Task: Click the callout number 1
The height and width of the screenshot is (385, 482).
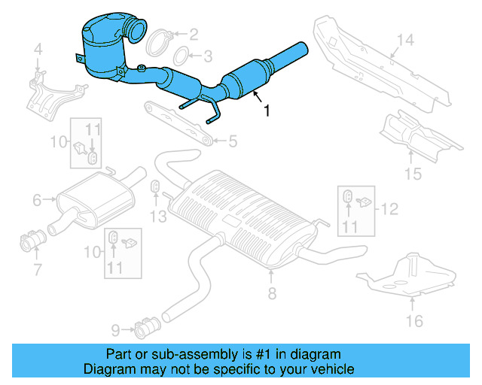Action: pyautogui.click(x=266, y=111)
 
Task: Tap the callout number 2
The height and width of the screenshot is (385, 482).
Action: pyautogui.click(x=194, y=33)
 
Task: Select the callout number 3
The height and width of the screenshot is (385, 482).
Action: pyautogui.click(x=208, y=55)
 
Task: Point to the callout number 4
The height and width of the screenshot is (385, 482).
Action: pyautogui.click(x=38, y=51)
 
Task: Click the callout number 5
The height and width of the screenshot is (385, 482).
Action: pyautogui.click(x=233, y=140)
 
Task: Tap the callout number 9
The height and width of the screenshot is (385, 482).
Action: pyautogui.click(x=115, y=329)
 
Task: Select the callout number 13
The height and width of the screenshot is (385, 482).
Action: pyautogui.click(x=156, y=217)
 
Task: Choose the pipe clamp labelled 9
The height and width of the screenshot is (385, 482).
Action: pyautogui.click(x=144, y=328)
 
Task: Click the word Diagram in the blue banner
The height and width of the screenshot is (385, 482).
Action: pyautogui.click(x=107, y=369)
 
